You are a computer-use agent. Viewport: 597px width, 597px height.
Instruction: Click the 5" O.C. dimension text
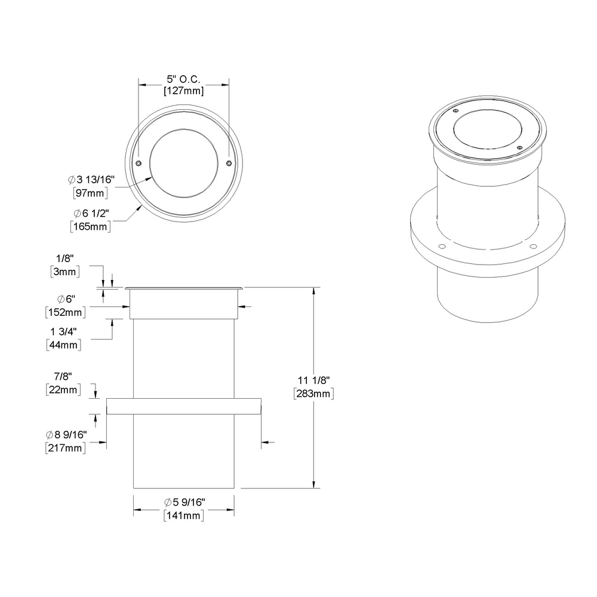[x=183, y=79]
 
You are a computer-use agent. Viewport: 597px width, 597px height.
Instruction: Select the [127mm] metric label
[x=183, y=91]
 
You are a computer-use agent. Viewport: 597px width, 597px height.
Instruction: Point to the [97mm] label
[x=90, y=192]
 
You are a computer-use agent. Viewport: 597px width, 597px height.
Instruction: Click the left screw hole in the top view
[x=139, y=163]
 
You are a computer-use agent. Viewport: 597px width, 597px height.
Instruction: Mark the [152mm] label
[x=65, y=311]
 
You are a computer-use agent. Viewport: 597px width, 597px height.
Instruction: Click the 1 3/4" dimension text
[x=65, y=332]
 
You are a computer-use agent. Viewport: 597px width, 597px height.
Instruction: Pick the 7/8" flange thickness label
[x=62, y=377]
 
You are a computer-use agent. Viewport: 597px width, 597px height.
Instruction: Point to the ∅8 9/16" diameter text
[x=65, y=435]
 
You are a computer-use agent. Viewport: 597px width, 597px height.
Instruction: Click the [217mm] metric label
[x=65, y=447]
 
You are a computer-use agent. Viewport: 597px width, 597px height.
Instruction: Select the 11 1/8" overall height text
[x=313, y=380]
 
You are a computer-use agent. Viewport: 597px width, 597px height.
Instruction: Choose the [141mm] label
[x=183, y=516]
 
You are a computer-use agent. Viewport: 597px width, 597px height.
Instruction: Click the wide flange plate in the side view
[x=183, y=406]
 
